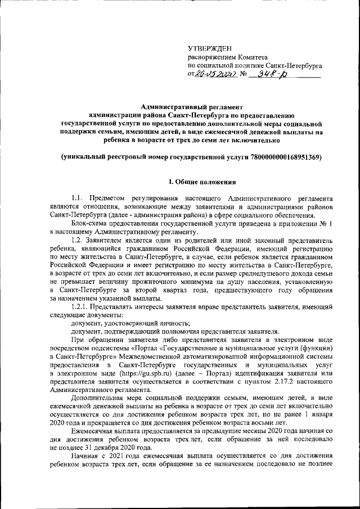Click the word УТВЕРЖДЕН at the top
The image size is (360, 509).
tap(209, 49)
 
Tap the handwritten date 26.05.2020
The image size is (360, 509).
tap(216, 73)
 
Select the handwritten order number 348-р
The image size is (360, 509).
tap(269, 73)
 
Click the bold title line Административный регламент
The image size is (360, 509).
tap(191, 106)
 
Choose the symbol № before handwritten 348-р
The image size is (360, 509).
tap(243, 74)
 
